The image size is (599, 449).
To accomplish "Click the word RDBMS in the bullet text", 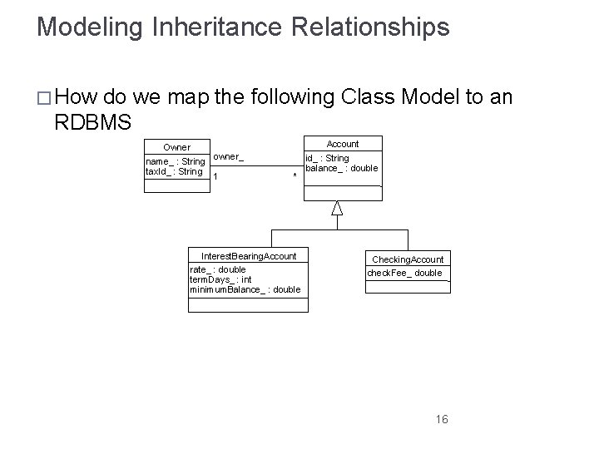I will coord(92,122).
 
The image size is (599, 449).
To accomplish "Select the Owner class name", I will coord(176,147).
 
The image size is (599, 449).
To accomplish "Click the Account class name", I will coord(342,144).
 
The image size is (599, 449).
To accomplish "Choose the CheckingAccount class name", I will coord(408,259).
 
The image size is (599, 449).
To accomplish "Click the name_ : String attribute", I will coord(175,161).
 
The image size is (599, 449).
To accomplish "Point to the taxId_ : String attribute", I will coord(174,171).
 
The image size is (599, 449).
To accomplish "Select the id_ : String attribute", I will coord(327,158).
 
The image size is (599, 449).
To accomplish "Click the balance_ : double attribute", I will coord(342,168).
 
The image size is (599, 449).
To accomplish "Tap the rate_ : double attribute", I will coord(218,269).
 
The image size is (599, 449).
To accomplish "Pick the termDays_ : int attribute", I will coord(220,279).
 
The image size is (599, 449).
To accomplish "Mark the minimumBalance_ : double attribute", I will coord(245,289).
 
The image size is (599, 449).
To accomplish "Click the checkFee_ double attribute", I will coord(405,273).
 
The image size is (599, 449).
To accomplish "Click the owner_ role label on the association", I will coord(228,156).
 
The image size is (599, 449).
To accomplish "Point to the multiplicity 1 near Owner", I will coord(215,175).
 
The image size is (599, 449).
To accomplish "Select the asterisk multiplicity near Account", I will coord(295,176).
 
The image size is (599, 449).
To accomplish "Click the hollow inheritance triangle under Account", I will coord(336,208).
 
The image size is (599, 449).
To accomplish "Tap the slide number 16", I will coord(441,419).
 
